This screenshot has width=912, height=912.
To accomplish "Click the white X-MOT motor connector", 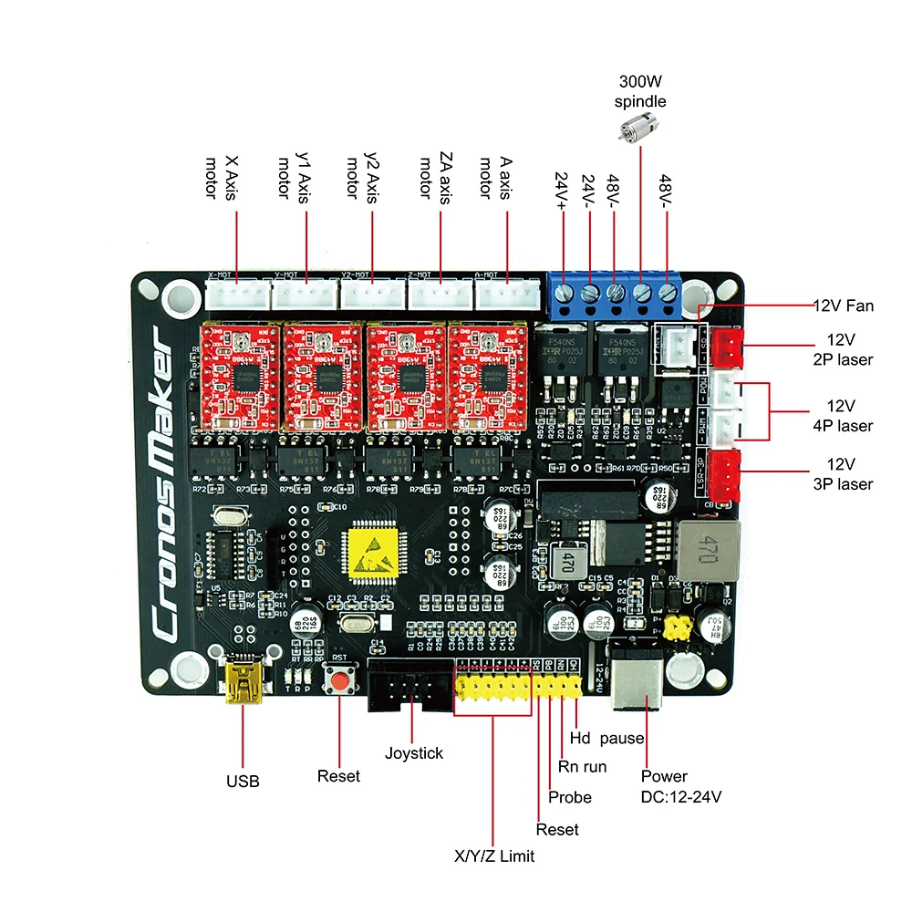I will tap(237, 294).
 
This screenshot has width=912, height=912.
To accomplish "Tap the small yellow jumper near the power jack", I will tap(676, 627).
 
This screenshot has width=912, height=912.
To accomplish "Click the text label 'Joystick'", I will tap(413, 753).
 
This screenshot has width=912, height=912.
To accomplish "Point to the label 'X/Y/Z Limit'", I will tap(494, 855).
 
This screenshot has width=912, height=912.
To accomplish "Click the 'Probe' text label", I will tap(570, 797).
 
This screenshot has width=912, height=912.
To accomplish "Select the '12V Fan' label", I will tap(843, 306).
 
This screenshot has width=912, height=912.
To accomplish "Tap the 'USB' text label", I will tap(243, 782).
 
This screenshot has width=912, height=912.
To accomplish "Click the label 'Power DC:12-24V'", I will tap(680, 786).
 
